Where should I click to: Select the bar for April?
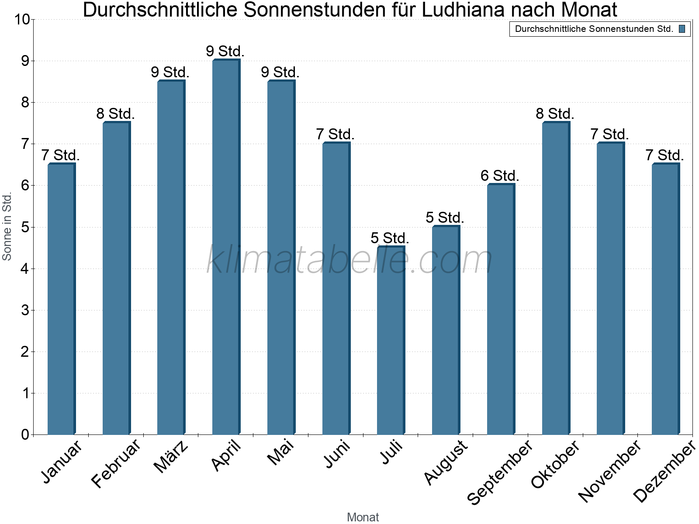pos(226,247)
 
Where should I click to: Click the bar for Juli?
pos(391,341)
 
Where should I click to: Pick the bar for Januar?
pos(61,299)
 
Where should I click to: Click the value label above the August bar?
pos(445,217)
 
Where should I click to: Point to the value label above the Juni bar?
pos(335,134)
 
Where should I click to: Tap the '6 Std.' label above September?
pos(500,176)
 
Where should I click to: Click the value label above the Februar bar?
pos(115,114)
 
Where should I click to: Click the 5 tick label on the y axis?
pos(24,227)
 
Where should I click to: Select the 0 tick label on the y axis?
pos(24,434)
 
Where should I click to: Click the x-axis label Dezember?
pos(664,472)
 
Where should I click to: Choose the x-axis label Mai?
pos(280,453)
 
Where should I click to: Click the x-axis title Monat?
pos(363,517)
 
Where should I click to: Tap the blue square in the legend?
pos(682,29)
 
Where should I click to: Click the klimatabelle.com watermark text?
pos(349,260)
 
